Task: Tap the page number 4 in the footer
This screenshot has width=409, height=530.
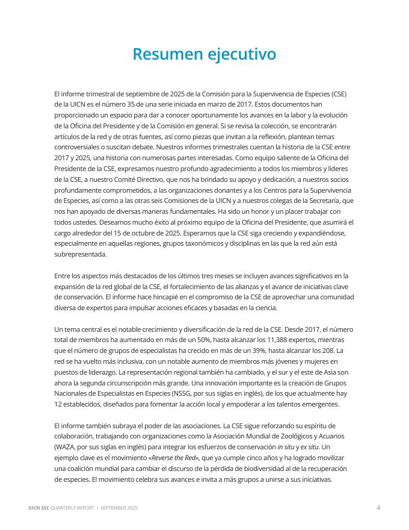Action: [378, 508]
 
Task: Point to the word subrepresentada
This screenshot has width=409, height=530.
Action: [81, 254]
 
